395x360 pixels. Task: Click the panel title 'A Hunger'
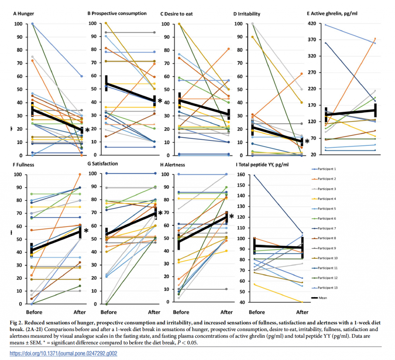click(24, 14)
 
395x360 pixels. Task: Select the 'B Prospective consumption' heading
click(117, 13)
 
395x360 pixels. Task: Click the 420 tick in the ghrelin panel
click(312, 24)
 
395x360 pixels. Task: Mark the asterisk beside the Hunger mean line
click(87, 130)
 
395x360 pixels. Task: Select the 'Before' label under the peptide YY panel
click(257, 312)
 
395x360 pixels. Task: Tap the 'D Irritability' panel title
click(246, 14)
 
